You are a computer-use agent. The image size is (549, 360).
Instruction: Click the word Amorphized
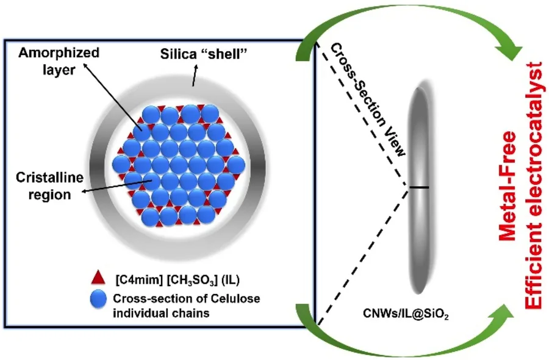59,53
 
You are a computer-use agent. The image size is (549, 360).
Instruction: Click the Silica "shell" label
204,54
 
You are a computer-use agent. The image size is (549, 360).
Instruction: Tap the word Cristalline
50,178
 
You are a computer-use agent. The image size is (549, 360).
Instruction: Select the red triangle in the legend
98,278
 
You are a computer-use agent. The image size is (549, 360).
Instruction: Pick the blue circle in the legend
98,299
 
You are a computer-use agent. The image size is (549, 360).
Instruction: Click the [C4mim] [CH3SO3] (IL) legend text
178,280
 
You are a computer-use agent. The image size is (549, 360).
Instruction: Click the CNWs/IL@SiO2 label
406,314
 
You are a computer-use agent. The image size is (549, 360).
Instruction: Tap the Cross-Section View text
368,99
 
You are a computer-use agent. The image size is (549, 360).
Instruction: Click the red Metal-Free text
508,186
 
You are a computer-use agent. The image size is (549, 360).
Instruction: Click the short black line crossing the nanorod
419,188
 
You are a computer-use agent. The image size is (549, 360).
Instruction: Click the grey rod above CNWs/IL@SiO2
419,189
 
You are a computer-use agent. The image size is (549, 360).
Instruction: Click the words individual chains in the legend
161,312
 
